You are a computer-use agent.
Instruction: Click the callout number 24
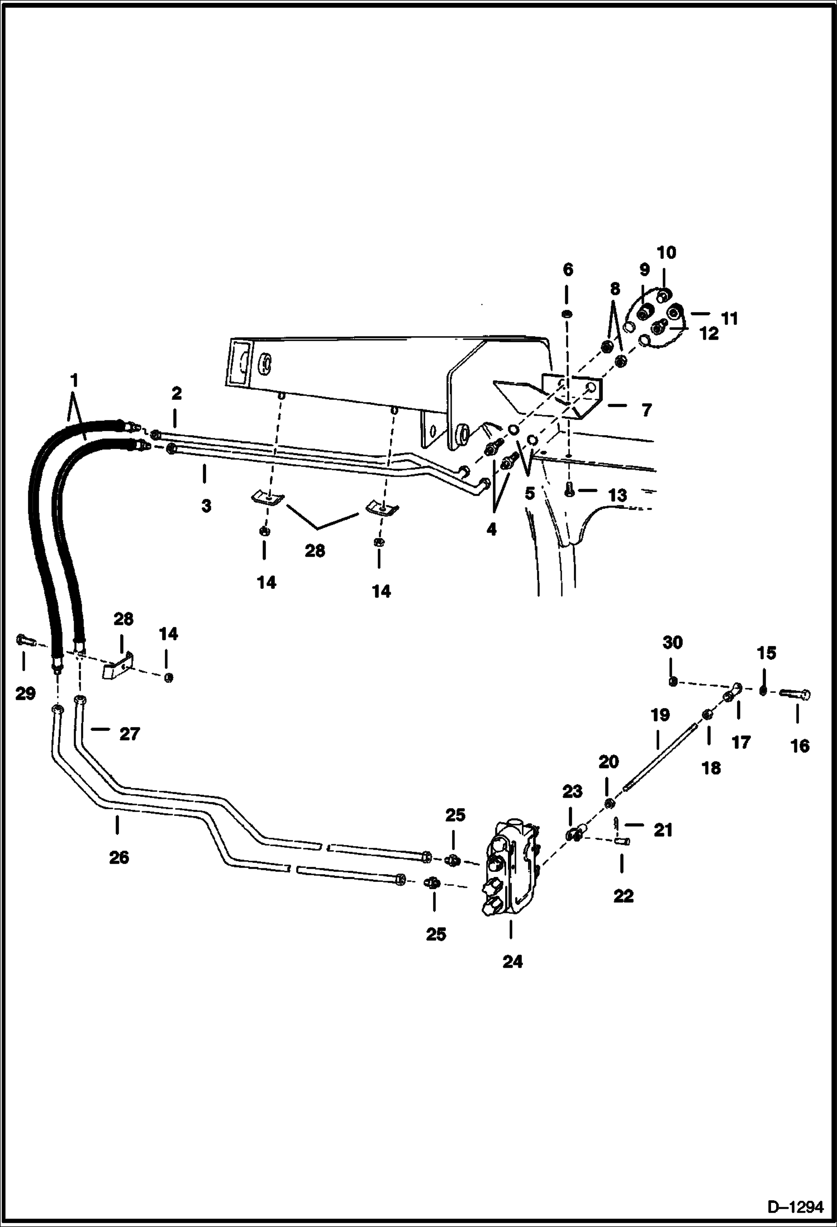tap(512, 961)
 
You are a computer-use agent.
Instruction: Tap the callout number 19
tap(660, 715)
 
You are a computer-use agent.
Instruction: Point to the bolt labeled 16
tap(796, 694)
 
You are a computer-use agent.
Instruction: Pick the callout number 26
tap(119, 857)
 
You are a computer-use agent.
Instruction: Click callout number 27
tap(129, 734)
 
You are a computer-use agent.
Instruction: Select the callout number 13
tap(618, 495)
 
